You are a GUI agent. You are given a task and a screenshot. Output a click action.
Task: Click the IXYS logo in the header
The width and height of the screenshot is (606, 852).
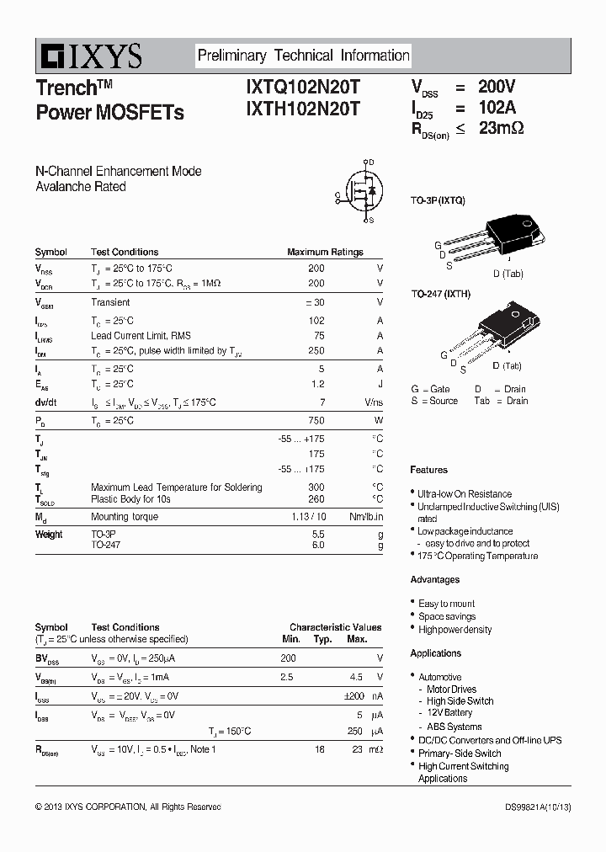pos(89,56)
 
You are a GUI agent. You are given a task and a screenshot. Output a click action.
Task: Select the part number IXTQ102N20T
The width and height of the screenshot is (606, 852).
pos(302,87)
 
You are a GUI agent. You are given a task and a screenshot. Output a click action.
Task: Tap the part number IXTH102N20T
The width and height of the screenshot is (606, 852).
pos(302,109)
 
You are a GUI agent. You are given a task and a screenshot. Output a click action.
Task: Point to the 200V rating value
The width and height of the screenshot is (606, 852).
pos(497,87)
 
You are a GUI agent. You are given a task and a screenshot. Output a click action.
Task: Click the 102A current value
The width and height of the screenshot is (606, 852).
pos(497,108)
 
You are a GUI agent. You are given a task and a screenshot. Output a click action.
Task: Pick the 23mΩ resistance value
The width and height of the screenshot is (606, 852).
pos(501,129)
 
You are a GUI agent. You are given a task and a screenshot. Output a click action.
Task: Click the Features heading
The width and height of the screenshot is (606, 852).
pos(428,470)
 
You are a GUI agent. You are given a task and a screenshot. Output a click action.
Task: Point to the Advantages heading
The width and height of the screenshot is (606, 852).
pos(434,580)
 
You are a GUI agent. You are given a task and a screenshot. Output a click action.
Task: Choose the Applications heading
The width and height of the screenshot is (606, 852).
pos(435,653)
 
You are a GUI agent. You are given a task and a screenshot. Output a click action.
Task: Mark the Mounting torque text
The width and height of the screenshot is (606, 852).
pos(124,517)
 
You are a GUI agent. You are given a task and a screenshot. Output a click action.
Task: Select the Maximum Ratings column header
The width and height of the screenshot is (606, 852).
pos(325,252)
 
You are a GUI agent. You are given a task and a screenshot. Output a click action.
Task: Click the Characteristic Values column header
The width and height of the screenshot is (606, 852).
pos(335,627)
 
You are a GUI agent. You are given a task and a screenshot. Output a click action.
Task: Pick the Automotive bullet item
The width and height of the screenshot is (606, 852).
pos(440,677)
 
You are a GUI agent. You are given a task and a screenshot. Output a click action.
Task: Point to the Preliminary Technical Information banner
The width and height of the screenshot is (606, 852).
pos(303,56)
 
